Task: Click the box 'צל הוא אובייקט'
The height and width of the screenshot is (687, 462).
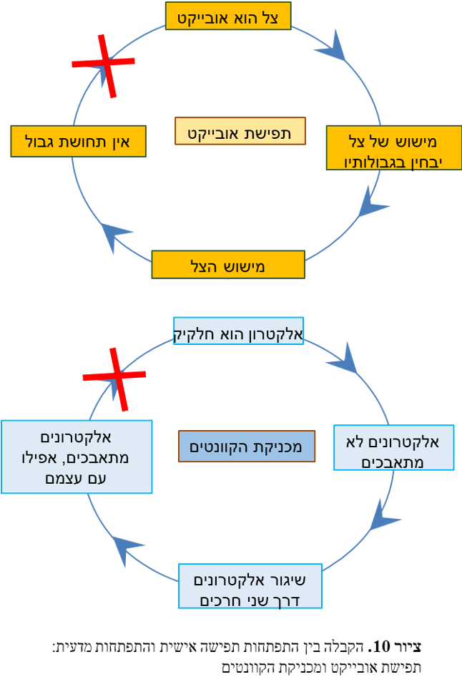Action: (x=228, y=16)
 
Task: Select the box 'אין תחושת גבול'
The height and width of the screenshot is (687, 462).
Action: (x=79, y=141)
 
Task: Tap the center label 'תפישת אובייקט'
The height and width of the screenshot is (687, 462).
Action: (x=240, y=132)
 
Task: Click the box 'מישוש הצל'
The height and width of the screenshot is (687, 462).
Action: (x=228, y=265)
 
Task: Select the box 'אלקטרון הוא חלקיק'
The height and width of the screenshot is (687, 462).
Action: (x=238, y=331)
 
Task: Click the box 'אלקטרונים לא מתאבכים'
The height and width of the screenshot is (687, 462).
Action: (x=394, y=448)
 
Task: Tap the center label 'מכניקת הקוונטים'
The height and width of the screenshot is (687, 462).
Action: (x=247, y=447)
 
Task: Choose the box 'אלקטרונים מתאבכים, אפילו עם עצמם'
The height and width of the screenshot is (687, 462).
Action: (x=77, y=457)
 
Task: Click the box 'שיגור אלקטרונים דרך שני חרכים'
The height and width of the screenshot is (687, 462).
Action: (x=250, y=586)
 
